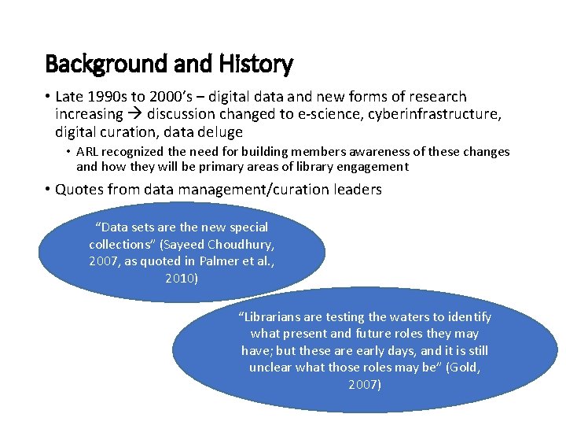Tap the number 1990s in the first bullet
106,97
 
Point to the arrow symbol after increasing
125,114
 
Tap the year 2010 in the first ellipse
182,278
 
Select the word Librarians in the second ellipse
270,317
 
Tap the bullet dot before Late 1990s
48,98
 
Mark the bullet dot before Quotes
48,190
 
